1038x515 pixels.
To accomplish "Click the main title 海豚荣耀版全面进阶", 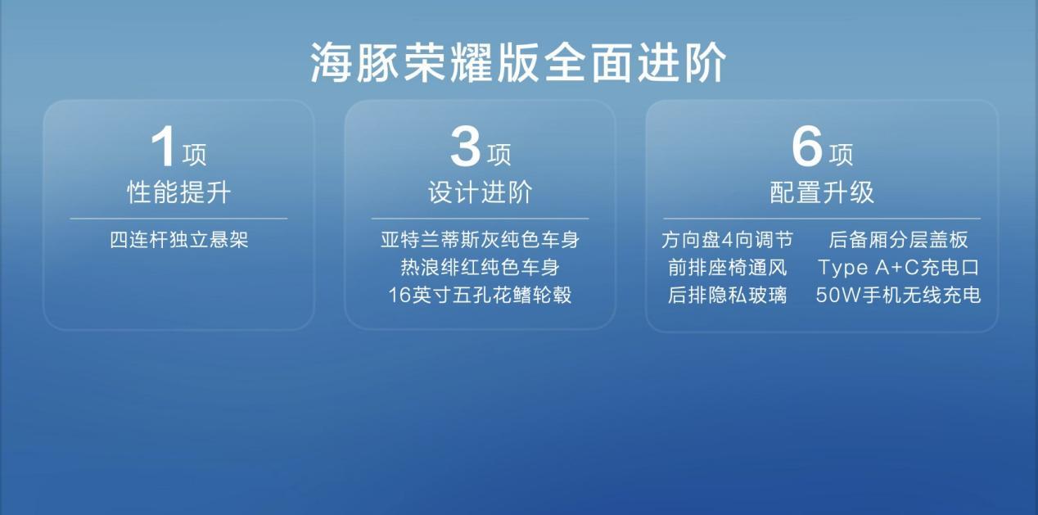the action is (x=518, y=62).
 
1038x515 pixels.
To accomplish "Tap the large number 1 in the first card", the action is (x=163, y=147).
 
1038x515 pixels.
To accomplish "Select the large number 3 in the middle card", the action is (x=465, y=147).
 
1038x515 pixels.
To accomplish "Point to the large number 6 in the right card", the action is (x=807, y=147).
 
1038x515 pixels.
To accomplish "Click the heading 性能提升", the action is (x=179, y=192).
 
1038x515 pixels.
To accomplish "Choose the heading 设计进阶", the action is (x=480, y=192).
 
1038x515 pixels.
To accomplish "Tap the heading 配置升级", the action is (x=822, y=192).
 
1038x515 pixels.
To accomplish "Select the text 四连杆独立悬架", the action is (x=179, y=240).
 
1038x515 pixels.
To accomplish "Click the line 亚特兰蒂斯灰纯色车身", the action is (x=480, y=240).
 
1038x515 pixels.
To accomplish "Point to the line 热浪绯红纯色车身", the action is (x=480, y=268).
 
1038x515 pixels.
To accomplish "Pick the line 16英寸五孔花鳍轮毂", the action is (x=480, y=296).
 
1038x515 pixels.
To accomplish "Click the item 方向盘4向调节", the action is (x=728, y=240).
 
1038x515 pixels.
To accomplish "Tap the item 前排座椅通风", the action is (x=728, y=268).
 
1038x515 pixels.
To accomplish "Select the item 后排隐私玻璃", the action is (x=728, y=296).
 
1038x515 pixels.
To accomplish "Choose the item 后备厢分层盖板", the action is (x=898, y=240).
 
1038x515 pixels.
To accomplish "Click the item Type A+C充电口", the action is (x=898, y=268).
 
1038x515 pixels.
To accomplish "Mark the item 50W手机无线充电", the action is (x=898, y=296).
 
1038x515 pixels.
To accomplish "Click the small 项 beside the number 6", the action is (x=841, y=155).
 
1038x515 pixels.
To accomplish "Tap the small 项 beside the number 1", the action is (x=194, y=155).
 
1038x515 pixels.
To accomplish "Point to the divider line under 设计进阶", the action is (x=480, y=219).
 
